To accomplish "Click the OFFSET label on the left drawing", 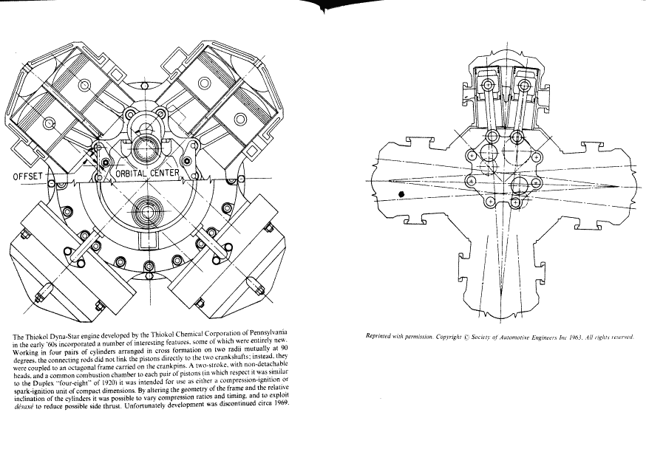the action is [27, 176].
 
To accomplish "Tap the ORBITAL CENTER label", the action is [147, 174].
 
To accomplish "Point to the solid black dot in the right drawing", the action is [401, 194].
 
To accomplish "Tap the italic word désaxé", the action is [23, 408].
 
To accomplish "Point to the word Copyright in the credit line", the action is [449, 337].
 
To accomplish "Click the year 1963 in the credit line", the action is [575, 337].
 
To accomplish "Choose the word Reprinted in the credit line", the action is [378, 336].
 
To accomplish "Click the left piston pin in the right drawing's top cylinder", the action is [489, 86].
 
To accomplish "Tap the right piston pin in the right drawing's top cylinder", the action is [525, 86].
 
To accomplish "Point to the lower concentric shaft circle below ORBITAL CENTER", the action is [146, 211].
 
